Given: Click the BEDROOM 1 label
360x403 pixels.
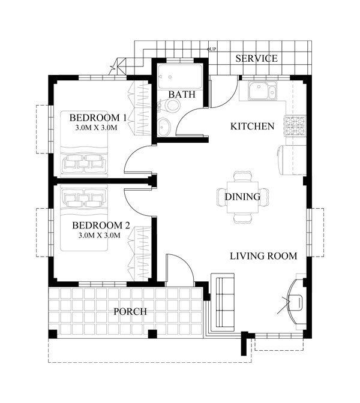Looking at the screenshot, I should [98, 118].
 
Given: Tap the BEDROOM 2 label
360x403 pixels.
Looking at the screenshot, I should [101, 225].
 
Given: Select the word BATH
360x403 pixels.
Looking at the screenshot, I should [181, 95].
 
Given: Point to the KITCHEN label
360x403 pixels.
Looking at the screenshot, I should [253, 127].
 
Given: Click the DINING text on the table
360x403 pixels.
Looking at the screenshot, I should [242, 197].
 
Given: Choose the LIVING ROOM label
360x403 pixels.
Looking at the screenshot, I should [263, 256].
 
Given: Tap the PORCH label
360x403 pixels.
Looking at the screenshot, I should [130, 312].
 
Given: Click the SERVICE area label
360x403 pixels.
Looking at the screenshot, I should [256, 59].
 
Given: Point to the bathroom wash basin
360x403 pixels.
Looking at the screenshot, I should [164, 127].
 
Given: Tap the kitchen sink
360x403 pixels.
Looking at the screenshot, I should [262, 92].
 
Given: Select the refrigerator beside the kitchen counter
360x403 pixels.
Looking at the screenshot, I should [291, 160].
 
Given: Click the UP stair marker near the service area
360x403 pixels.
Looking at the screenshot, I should [212, 49].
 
